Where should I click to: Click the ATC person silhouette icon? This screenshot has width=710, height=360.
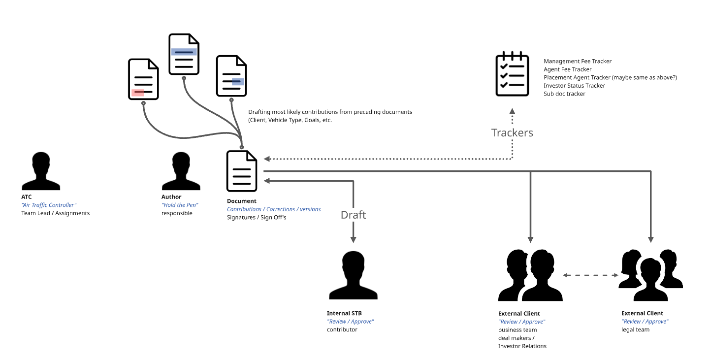(x=45, y=171)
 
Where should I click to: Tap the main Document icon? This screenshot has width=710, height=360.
(x=242, y=171)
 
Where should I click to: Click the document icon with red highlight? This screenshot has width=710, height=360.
(x=144, y=79)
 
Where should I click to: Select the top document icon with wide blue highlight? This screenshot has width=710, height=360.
(x=184, y=54)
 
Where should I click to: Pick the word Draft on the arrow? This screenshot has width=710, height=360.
(x=354, y=215)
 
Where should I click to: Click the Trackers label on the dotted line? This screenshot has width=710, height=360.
(x=512, y=132)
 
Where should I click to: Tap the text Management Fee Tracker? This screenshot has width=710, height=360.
(x=578, y=62)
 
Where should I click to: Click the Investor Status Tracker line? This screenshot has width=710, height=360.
(x=574, y=86)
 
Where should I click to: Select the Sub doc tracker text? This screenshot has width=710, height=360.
(x=564, y=94)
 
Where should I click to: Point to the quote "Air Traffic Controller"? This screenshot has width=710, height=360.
(x=49, y=205)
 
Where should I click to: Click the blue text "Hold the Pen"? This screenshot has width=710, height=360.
(x=180, y=205)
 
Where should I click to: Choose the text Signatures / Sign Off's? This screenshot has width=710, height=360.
(x=257, y=217)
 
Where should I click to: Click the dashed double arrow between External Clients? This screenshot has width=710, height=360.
(x=590, y=275)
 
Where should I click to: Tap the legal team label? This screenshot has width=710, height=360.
(x=635, y=329)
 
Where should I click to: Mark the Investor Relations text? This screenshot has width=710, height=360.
(x=522, y=346)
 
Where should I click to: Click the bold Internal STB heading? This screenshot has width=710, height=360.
(x=344, y=313)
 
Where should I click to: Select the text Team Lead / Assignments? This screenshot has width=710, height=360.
(x=55, y=213)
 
